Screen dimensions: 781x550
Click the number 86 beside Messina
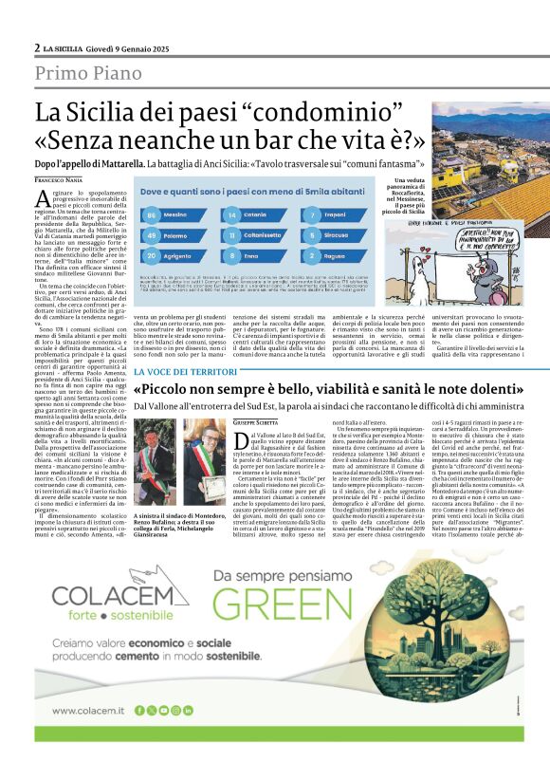coord(152,216)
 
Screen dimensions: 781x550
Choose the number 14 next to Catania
coord(233,216)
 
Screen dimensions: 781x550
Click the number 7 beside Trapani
coord(313,216)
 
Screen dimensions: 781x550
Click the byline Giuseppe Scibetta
coord(257,421)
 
